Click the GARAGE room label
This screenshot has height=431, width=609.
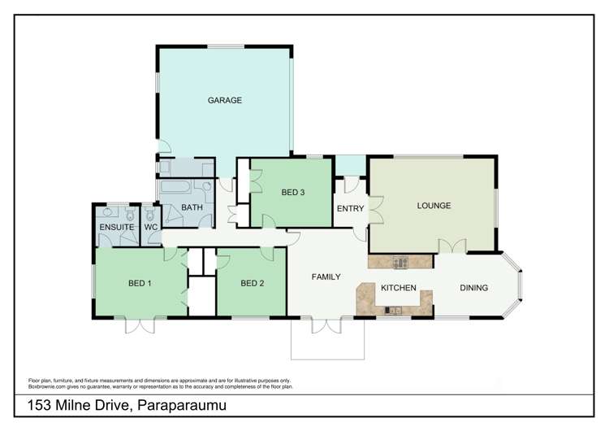224,100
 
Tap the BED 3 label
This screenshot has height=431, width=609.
293,192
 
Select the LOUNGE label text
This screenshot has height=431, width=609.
434,206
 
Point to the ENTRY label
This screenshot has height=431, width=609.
350,208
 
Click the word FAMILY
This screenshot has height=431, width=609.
326,276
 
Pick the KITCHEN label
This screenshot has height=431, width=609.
399,288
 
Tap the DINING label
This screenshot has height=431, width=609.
474,288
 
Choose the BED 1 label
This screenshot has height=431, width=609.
140,283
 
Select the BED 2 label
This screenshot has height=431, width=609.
253,283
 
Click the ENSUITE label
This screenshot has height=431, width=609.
116,227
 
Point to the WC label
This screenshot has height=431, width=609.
151,227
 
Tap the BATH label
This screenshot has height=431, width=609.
192,207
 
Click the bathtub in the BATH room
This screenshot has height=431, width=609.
175,186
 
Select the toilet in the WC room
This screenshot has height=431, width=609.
150,214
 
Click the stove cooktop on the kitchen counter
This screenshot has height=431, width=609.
400,262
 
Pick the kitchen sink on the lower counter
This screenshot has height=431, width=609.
393,310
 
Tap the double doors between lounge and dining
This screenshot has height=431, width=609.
452,246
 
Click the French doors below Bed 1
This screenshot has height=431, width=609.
140,325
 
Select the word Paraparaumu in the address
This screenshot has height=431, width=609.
182,406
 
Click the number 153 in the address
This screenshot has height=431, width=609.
39,405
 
